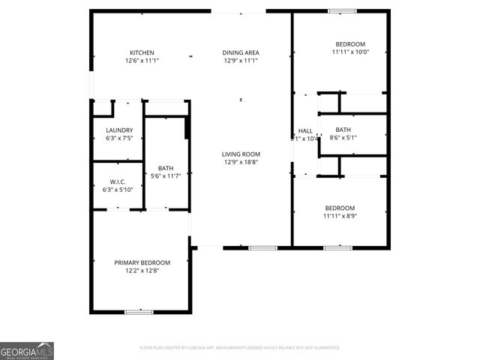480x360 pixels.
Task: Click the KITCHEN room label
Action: click(142, 52)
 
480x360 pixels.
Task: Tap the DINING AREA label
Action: click(241, 52)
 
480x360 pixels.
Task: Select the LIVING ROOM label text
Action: click(241, 154)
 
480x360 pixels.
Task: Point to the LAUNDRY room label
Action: click(119, 130)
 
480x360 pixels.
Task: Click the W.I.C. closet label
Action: click(118, 181)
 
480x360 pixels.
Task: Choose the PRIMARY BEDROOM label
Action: click(142, 262)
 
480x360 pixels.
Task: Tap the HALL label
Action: click(305, 130)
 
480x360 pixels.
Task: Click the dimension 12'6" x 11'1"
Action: click(142, 61)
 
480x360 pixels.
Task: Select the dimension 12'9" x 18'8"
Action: click(241, 162)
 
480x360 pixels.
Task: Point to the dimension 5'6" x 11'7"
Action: click(166, 175)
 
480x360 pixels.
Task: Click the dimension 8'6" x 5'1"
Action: click(343, 137)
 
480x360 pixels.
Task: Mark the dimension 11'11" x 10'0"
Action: click(350, 52)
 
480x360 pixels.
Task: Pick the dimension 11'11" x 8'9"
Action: click(340, 216)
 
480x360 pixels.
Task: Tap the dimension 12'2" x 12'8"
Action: click(142, 270)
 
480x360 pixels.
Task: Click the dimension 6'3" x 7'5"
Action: click(119, 138)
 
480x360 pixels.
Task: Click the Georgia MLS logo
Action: click(27, 351)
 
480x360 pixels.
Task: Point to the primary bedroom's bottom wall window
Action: click(139, 311)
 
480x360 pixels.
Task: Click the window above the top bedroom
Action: click(342, 10)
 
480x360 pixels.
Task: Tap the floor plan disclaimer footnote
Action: click(240, 348)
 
